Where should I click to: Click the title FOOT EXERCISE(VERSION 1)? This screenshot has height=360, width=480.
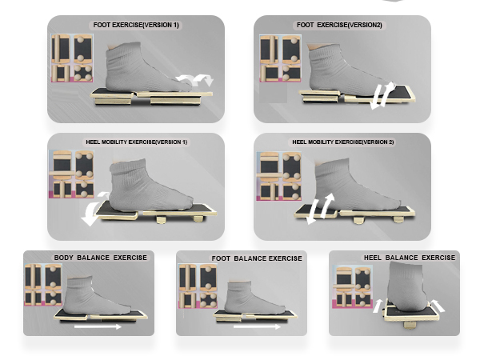[x=136, y=25]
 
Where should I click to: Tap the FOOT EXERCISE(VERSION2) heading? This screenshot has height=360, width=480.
[x=339, y=25]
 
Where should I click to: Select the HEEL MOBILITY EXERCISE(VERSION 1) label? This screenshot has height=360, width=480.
[x=136, y=142]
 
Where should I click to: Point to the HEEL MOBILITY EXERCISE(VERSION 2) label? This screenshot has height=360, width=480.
[x=343, y=142]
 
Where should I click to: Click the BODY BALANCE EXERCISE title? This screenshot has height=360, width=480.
[x=101, y=258]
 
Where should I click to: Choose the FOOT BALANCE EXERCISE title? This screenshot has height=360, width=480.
[x=257, y=258]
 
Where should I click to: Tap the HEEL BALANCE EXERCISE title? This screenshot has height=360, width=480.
[x=410, y=258]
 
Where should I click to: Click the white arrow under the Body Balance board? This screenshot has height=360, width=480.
[x=98, y=327]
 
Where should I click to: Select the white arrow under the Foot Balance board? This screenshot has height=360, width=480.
[x=257, y=327]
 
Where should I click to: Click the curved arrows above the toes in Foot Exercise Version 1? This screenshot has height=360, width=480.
[x=196, y=79]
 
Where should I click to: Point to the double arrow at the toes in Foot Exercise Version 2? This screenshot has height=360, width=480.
[x=382, y=95]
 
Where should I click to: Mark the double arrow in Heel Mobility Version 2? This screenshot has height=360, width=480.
[x=321, y=209]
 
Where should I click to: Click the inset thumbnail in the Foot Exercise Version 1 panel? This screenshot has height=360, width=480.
[x=72, y=58]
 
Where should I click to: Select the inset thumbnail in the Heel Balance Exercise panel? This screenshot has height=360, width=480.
[x=352, y=286]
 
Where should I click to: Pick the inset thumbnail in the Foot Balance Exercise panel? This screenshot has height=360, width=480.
[x=198, y=286]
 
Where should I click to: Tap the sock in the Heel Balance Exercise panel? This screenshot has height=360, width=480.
[x=407, y=286]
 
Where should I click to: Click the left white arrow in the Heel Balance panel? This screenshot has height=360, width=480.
[x=378, y=306]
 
